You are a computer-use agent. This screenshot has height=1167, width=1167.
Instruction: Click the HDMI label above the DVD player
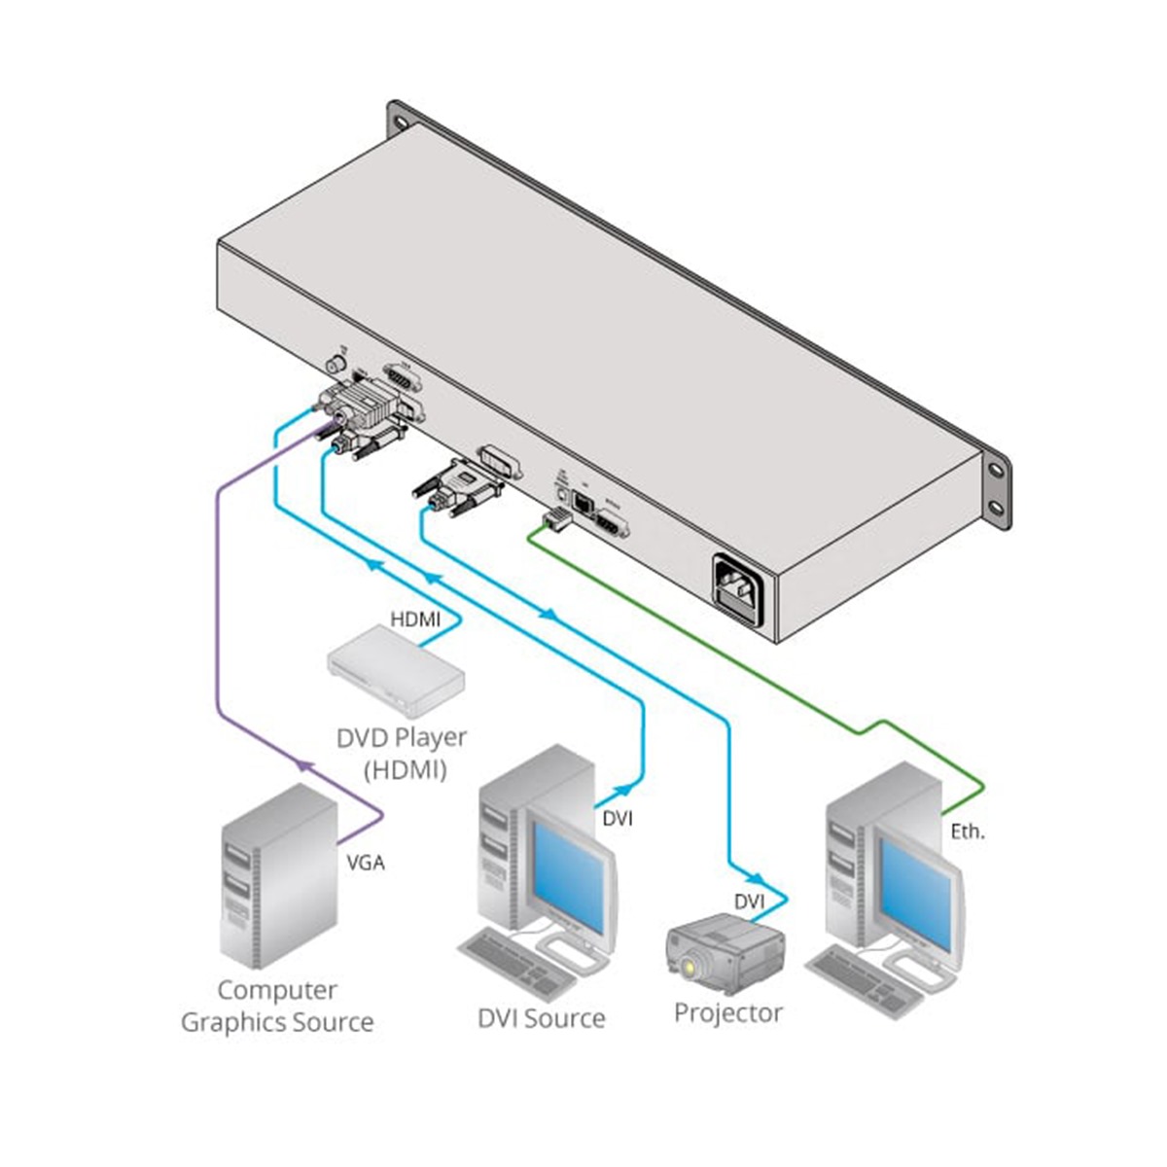pyautogui.click(x=415, y=619)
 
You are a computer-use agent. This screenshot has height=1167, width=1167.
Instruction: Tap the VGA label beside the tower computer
pyautogui.click(x=366, y=862)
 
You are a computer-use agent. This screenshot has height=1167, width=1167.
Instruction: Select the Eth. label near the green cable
pyautogui.click(x=967, y=831)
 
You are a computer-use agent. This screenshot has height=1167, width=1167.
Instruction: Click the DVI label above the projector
pyautogui.click(x=749, y=902)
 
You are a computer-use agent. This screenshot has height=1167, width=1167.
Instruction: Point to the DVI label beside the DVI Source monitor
pyautogui.click(x=617, y=818)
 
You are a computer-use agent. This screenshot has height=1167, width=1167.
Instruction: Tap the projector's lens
pyautogui.click(x=690, y=968)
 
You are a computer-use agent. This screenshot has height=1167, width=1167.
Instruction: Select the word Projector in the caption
pyautogui.click(x=728, y=1012)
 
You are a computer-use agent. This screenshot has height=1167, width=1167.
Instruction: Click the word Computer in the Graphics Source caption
pyautogui.click(x=277, y=990)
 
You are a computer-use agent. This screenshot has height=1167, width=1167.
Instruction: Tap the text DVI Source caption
pyautogui.click(x=541, y=1018)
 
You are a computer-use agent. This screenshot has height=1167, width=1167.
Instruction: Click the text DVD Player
pyautogui.click(x=402, y=737)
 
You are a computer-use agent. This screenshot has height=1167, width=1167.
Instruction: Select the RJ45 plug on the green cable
pyautogui.click(x=555, y=521)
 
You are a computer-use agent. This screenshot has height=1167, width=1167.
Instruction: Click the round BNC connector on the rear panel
pyautogui.click(x=336, y=366)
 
